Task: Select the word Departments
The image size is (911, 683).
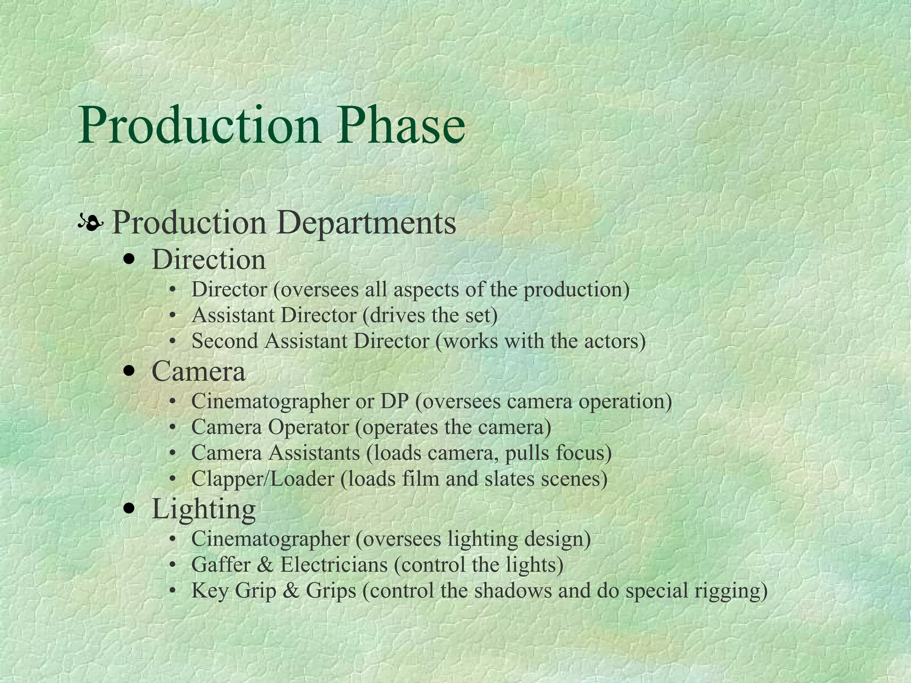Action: [367, 222]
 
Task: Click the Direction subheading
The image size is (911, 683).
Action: [209, 260]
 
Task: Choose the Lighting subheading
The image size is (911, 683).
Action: [203, 509]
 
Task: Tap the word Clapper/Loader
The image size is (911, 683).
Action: [262, 479]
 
